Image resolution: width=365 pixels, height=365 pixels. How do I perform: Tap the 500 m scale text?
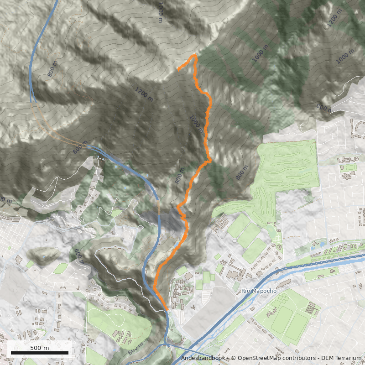[x=40, y=348]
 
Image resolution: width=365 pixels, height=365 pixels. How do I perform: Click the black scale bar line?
[x=40, y=353]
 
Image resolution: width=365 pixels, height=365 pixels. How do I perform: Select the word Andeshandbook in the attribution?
[x=203, y=358]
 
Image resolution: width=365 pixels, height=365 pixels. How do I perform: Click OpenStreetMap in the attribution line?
[x=256, y=358]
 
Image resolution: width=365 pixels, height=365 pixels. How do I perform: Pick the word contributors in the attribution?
[x=297, y=358]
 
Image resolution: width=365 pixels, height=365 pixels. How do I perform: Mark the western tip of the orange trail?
[x=178, y=70]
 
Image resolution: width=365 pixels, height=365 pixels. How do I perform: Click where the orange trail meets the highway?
[x=167, y=310]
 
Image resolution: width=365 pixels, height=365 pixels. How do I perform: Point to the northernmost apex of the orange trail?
[x=195, y=55]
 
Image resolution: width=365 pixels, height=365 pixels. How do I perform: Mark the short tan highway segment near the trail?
[x=159, y=208]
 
